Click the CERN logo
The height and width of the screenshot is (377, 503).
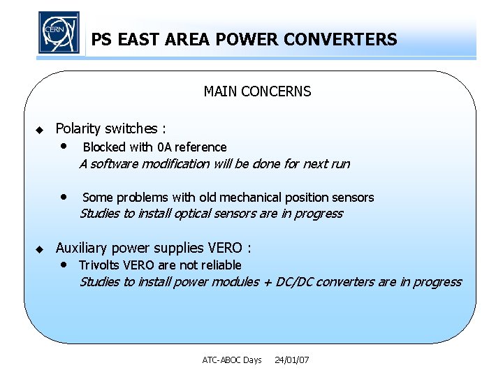pos(59,33)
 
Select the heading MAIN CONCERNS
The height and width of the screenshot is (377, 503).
pos(257,91)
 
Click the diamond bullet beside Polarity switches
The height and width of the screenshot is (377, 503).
pos(40,130)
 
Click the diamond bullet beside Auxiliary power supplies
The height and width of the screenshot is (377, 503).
pos(40,249)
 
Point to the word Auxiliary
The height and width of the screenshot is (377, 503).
pos(82,248)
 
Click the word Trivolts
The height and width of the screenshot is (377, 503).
pos(99,265)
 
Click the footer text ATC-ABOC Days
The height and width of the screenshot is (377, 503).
pos(232,360)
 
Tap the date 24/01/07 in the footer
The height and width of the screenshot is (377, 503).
pos(292,360)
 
